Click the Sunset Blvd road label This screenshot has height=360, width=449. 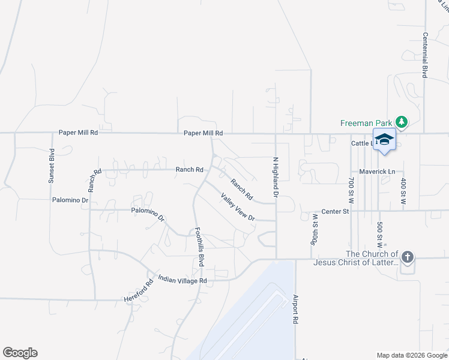click(x=52, y=165)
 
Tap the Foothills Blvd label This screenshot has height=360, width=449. click(x=198, y=247)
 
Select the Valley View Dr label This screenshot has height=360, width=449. click(x=238, y=207)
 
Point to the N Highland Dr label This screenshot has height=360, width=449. click(x=276, y=177)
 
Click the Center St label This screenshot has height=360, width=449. click(x=336, y=211)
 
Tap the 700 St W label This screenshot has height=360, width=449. click(x=352, y=190)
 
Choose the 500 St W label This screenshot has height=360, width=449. click(x=380, y=234)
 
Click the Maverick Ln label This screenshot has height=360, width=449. click(x=377, y=172)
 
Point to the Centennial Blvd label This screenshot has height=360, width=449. click(x=424, y=55)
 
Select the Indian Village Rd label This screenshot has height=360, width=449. click(x=182, y=280)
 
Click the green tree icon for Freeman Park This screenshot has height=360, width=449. click(x=401, y=123)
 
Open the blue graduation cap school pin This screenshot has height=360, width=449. click(x=384, y=140)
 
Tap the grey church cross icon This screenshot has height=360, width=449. click(x=407, y=258)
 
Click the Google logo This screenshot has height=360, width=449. click(x=20, y=353)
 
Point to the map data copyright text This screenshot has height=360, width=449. click(x=412, y=355)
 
